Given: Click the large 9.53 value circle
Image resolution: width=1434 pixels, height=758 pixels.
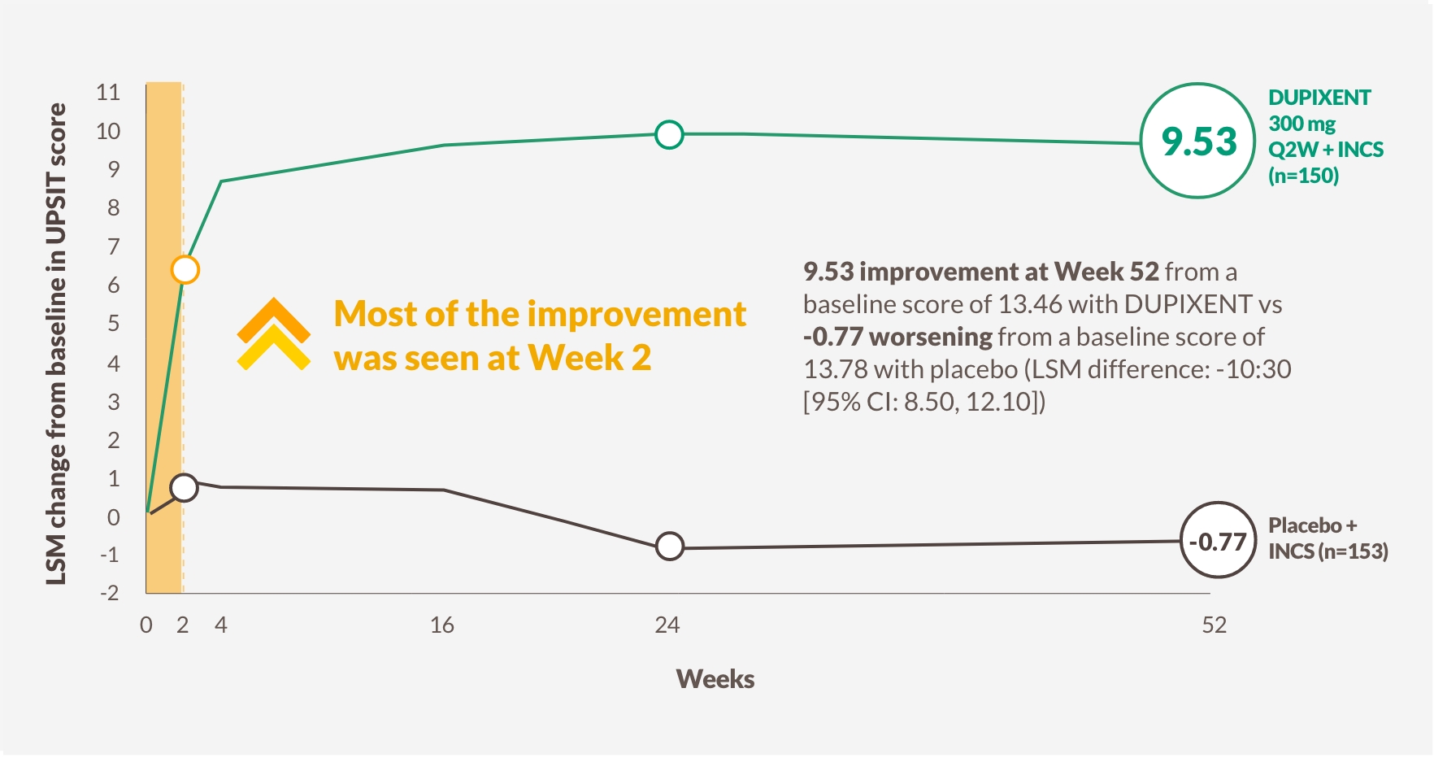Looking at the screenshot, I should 1198,141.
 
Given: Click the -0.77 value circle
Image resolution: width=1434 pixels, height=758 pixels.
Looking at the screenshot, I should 1218,541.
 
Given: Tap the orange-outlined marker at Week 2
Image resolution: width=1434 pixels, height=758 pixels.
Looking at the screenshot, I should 185,269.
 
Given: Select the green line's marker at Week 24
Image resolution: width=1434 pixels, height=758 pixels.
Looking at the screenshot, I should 668,134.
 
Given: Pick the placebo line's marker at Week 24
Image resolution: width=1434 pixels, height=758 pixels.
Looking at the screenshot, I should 669,547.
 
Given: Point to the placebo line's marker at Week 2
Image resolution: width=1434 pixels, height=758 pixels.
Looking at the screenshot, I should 185,487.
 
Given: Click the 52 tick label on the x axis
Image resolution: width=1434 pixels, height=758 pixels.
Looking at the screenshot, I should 1214,625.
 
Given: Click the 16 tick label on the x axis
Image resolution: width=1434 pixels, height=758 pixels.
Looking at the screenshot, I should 441,625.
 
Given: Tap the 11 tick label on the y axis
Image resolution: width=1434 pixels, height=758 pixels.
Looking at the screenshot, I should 108,92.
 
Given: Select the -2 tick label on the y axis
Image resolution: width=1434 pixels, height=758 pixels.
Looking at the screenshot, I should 109,592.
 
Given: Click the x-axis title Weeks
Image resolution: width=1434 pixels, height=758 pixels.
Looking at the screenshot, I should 715,679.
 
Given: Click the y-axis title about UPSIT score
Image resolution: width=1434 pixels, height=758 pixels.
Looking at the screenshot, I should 55,343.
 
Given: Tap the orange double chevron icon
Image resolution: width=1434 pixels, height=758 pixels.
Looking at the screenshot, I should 273,334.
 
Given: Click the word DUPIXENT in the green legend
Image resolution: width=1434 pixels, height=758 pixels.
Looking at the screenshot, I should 1319,98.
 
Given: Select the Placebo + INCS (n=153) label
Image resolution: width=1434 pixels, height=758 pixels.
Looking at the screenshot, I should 1328,538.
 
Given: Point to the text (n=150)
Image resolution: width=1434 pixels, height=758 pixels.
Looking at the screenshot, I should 1303,176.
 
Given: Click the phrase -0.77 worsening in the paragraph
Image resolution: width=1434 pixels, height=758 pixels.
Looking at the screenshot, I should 897,337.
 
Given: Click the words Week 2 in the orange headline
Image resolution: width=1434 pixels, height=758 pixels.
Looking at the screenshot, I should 589,358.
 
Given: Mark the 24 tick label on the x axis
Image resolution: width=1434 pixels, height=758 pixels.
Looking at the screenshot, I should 667,625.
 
